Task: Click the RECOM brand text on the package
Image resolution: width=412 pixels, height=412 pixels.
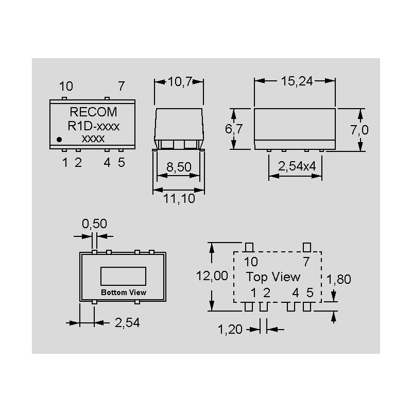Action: [x=93, y=112]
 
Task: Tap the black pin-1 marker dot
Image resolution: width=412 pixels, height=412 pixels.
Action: [x=59, y=139]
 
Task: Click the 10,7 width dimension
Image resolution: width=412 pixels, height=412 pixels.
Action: [x=179, y=81]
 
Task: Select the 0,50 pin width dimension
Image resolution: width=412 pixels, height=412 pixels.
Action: [x=95, y=224]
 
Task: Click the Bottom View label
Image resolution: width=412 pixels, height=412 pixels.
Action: [x=124, y=292]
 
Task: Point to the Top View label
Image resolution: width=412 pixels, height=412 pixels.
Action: [x=273, y=277]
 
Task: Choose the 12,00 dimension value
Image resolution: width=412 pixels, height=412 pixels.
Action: [x=212, y=276]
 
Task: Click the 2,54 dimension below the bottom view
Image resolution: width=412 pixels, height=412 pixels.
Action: [x=127, y=323]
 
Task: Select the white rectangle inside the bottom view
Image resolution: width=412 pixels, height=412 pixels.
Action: [x=124, y=276]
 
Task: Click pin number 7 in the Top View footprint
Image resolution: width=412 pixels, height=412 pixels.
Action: [x=306, y=262]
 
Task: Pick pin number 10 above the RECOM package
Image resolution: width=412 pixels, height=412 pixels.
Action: [x=66, y=87]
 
